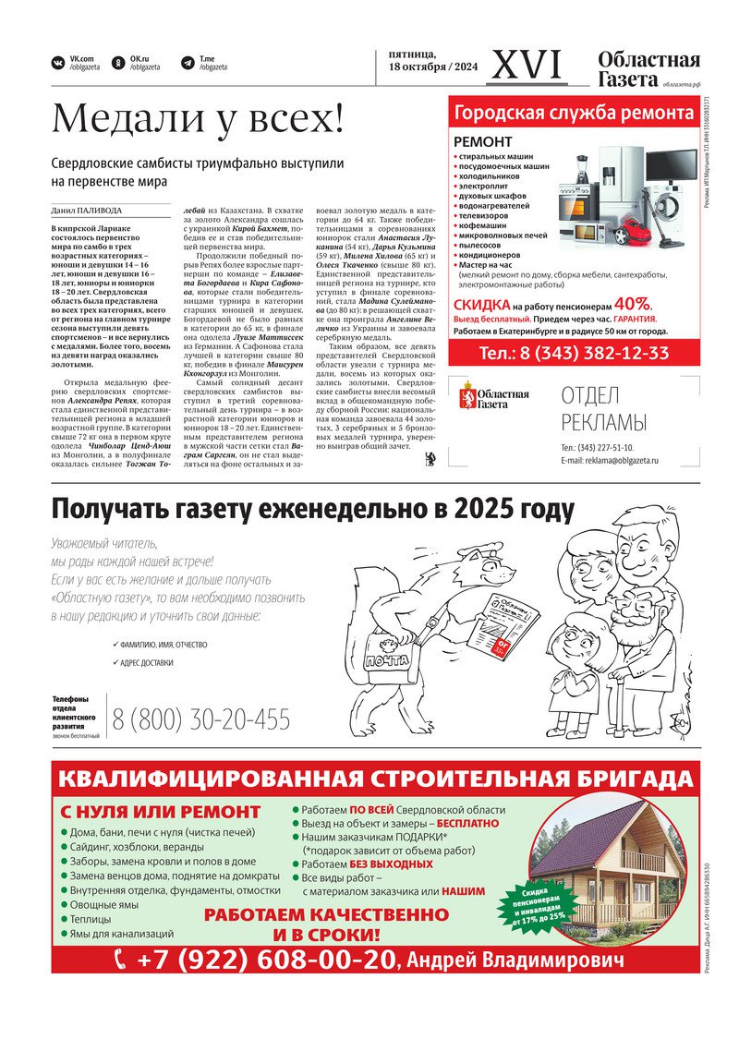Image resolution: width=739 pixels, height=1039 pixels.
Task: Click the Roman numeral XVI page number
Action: point(527,65)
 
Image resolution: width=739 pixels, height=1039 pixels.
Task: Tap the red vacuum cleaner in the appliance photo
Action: point(635,229)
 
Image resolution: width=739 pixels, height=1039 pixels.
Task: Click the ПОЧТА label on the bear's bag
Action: point(386,661)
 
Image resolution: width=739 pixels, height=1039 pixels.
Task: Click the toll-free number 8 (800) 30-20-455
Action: point(201,719)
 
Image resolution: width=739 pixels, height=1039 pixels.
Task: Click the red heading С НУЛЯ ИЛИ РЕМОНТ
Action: point(161,812)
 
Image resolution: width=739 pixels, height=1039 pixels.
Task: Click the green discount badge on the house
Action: point(532,901)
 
